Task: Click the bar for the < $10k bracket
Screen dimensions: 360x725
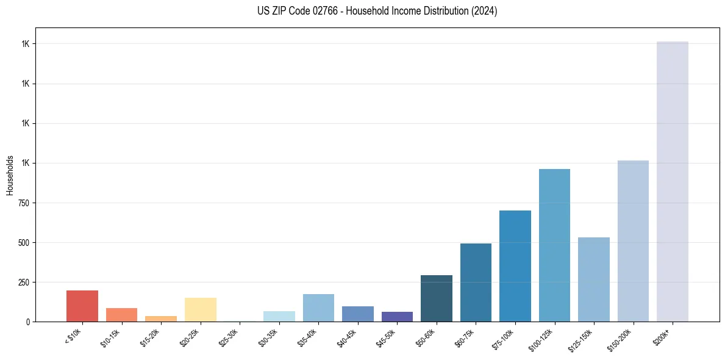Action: [x=82, y=306]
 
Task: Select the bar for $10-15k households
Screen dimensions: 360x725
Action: [x=121, y=315]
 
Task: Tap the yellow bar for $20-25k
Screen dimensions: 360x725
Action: [x=201, y=309]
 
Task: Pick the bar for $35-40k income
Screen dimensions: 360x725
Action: [x=318, y=308]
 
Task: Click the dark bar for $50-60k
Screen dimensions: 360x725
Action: [x=437, y=298]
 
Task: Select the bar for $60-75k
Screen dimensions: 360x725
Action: [x=476, y=283]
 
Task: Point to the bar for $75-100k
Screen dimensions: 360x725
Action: [x=515, y=266]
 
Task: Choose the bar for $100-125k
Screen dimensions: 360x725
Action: [x=554, y=245]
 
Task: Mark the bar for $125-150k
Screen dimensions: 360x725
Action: [x=594, y=279]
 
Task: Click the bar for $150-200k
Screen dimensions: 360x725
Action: [x=633, y=241]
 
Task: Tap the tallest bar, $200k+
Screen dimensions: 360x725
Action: [x=673, y=181]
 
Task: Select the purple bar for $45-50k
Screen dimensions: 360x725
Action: [x=397, y=317]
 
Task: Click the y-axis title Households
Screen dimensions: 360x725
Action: [x=10, y=175]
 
